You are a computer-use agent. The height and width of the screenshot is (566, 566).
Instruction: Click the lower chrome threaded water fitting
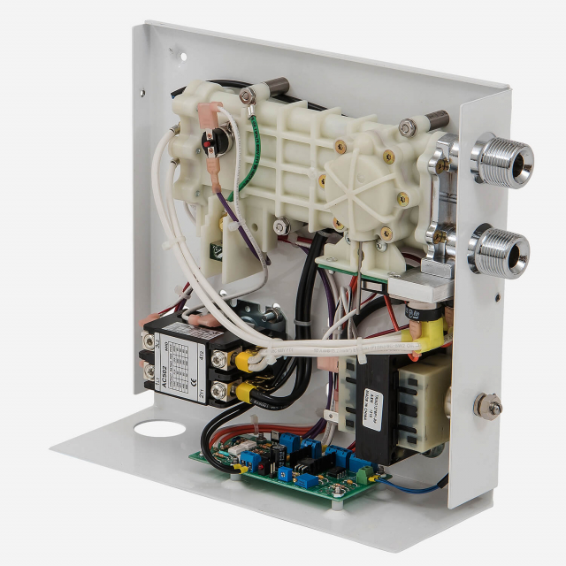(x=500, y=250)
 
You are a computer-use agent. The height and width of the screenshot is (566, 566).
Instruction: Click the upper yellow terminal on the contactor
(x=241, y=357)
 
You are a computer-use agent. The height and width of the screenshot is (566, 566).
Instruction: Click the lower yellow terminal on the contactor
(x=238, y=389)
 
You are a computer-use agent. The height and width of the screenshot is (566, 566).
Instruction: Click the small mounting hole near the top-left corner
(x=183, y=55)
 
